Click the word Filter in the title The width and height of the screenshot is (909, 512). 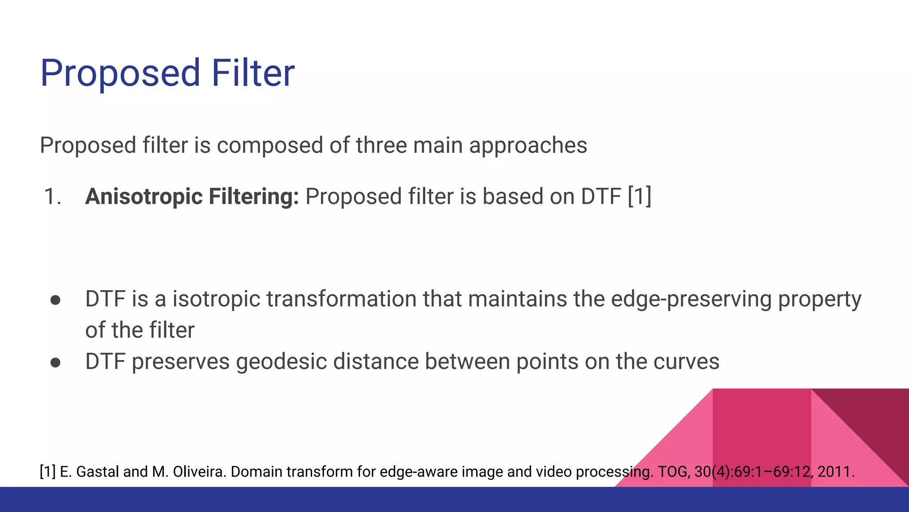click(253, 73)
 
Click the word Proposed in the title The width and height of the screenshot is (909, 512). click(120, 74)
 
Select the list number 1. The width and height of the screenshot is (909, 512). click(52, 196)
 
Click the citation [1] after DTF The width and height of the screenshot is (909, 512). click(639, 196)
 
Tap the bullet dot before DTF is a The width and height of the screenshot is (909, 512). click(55, 300)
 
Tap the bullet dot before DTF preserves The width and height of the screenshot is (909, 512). click(55, 363)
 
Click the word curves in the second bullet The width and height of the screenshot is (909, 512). click(686, 361)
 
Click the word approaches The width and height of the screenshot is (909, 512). click(528, 146)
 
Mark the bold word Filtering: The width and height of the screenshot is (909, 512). click(254, 196)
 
